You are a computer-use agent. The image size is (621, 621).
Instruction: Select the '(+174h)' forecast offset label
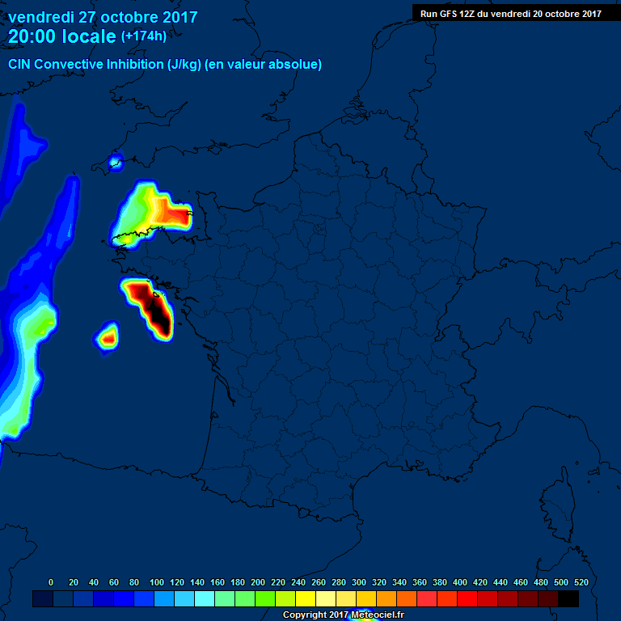pyautogui.click(x=144, y=36)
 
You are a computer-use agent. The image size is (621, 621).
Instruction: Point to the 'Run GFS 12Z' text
pyautogui.click(x=448, y=13)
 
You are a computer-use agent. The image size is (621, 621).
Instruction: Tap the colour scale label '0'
pyautogui.click(x=51, y=582)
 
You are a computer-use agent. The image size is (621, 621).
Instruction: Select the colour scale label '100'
pyautogui.click(x=157, y=582)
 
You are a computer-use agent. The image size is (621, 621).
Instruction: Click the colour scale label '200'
pyautogui.click(x=258, y=582)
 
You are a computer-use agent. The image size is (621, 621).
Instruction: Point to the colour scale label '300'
pyautogui.click(x=359, y=582)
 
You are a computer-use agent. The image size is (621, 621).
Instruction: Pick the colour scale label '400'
pyautogui.click(x=460, y=582)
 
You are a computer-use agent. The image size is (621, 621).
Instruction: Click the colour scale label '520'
pyautogui.click(x=581, y=582)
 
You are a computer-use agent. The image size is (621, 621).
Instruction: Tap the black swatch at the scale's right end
pyautogui.click(x=568, y=599)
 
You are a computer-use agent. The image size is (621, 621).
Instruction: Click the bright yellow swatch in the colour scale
pyautogui.click(x=306, y=599)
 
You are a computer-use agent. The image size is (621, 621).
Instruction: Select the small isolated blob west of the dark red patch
pyautogui.click(x=108, y=336)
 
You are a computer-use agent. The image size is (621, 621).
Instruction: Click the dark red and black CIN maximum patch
pyautogui.click(x=154, y=307)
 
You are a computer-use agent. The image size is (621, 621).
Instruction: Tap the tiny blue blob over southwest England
pyautogui.click(x=115, y=162)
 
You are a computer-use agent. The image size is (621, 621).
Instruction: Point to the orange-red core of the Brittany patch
pyautogui.click(x=171, y=214)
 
